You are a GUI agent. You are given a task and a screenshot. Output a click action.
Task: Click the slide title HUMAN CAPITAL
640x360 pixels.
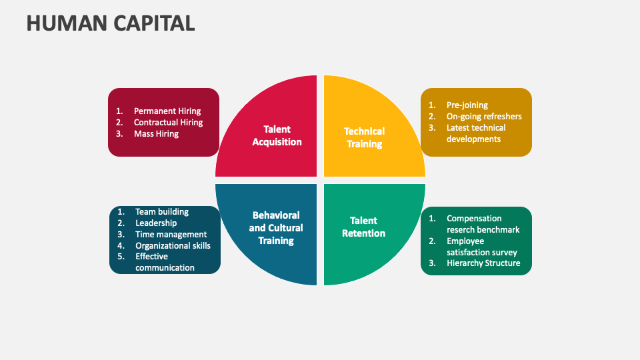click(111, 23)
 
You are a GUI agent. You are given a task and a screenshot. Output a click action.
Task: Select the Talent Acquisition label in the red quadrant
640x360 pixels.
click(277, 135)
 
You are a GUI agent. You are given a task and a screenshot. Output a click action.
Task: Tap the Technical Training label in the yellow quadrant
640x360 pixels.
click(364, 137)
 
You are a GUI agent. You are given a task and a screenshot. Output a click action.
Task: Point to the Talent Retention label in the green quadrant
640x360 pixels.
click(363, 227)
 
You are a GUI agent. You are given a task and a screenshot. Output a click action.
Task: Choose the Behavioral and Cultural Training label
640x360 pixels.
click(276, 227)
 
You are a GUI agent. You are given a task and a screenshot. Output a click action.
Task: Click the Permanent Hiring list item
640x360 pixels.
click(167, 111)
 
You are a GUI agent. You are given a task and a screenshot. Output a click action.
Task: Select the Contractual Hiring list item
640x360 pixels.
click(168, 123)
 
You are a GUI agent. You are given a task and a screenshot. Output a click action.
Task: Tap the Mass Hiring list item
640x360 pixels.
click(156, 134)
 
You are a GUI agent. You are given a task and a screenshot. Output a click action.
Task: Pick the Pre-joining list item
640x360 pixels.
click(467, 105)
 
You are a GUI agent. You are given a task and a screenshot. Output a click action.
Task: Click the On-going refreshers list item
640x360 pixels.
click(484, 116)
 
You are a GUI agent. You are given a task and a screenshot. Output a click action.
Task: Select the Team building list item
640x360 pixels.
click(162, 212)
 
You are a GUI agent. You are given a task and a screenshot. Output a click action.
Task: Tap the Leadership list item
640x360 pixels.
click(156, 223)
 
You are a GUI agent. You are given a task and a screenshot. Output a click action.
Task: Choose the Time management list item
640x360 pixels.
click(171, 235)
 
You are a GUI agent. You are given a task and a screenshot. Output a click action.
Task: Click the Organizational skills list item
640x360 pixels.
click(173, 245)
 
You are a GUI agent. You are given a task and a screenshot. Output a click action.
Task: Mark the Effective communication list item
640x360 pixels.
click(165, 262)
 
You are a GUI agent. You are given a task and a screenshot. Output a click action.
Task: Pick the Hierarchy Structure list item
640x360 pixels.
click(483, 263)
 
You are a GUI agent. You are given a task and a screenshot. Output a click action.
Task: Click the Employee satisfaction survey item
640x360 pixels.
click(481, 247)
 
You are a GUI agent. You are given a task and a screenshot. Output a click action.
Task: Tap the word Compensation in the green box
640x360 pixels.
click(474, 218)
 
